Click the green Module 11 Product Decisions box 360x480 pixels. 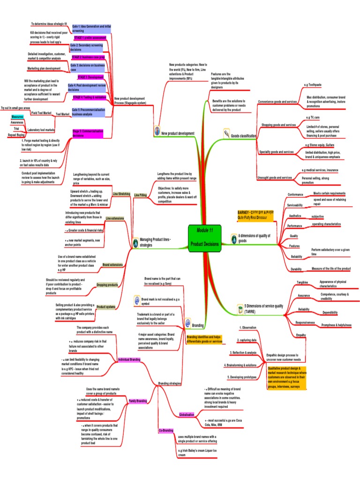pos(204,238)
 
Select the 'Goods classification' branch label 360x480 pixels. pos(243,136)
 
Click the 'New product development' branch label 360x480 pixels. pos(178,134)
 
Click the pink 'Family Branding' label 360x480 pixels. pos(138,401)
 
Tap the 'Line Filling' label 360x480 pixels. pos(140,195)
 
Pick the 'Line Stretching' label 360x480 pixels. pos(121,194)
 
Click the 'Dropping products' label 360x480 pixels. pos(107,285)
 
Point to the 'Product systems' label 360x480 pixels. pos(106,307)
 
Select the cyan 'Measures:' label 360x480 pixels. pos(18,116)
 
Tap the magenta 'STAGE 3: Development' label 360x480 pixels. pos(90,77)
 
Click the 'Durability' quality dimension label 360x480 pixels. pos(296,269)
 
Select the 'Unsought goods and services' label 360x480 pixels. pos(274,178)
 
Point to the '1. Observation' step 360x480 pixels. pos(248,328)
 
